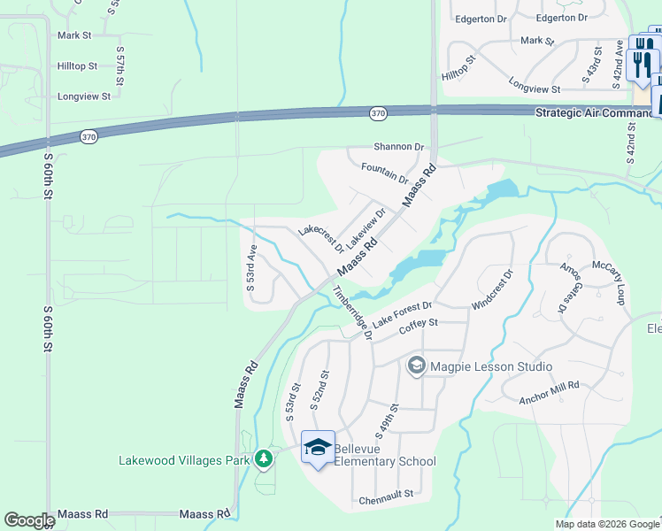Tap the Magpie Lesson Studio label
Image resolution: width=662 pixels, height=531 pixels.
pyautogui.click(x=491, y=366)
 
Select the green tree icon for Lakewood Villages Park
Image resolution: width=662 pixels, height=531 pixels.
pyautogui.click(x=263, y=458)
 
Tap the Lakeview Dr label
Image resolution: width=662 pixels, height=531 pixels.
pyautogui.click(x=366, y=228)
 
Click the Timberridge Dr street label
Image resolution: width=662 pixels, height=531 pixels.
pyautogui.click(x=351, y=312)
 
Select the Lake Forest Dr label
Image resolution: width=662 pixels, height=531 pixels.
pyautogui.click(x=402, y=314)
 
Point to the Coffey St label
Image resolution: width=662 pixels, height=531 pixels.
pyautogui.click(x=419, y=327)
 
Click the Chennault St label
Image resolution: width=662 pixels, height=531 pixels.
pyautogui.click(x=386, y=501)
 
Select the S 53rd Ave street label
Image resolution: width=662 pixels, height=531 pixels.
pyautogui.click(x=251, y=268)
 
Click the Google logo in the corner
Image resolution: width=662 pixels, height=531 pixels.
pyautogui.click(x=29, y=520)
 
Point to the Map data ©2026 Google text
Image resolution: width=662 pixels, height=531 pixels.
pyautogui.click(x=606, y=524)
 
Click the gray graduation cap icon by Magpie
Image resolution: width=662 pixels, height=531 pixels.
pyautogui.click(x=416, y=365)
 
